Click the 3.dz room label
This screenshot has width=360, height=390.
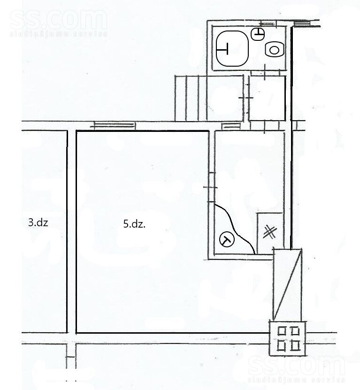point(38,222)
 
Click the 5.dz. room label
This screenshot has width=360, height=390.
point(134,224)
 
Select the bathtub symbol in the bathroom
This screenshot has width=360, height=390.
point(232,48)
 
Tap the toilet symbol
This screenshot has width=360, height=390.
point(274,50)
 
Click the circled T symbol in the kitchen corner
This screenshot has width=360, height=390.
point(227,240)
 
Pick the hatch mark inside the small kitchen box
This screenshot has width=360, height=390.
point(270,232)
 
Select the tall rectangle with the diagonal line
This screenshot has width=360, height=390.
point(288,284)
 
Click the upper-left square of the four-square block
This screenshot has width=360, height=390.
point(282,331)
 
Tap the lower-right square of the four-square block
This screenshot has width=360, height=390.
point(295,345)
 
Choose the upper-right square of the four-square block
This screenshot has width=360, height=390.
point(295,331)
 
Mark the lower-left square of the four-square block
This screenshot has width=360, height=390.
point(282,345)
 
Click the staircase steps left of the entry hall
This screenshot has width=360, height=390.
point(191,98)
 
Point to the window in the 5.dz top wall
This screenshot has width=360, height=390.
point(114,125)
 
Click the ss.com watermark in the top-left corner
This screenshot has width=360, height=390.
point(59,23)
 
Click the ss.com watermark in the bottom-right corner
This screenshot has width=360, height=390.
point(297,368)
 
